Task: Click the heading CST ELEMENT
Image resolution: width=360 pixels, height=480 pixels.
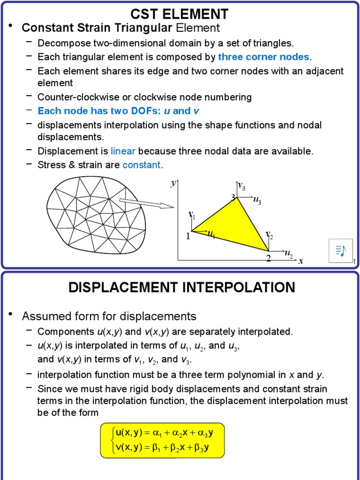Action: coord(180,14)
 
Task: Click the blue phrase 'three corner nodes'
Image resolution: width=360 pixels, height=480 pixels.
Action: coord(263,57)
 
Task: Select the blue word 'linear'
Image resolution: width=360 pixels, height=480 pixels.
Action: coord(123,151)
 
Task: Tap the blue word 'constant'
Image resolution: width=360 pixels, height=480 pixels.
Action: coord(141,165)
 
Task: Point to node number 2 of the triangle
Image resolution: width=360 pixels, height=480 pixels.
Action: coord(269,258)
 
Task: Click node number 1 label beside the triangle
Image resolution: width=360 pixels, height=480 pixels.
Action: coord(188,236)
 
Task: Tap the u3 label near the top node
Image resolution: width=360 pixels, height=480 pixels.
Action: coord(257,201)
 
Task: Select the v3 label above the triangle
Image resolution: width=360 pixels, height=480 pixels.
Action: coord(241,186)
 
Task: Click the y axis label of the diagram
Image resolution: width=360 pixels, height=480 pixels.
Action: coord(173,183)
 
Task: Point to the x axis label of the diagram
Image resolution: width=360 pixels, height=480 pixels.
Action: coord(300,261)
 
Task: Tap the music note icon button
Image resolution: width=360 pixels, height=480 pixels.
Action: coord(341,251)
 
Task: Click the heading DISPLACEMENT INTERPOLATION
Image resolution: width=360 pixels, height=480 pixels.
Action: coord(182,287)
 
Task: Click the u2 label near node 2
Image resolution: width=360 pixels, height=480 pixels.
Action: coord(288,254)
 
